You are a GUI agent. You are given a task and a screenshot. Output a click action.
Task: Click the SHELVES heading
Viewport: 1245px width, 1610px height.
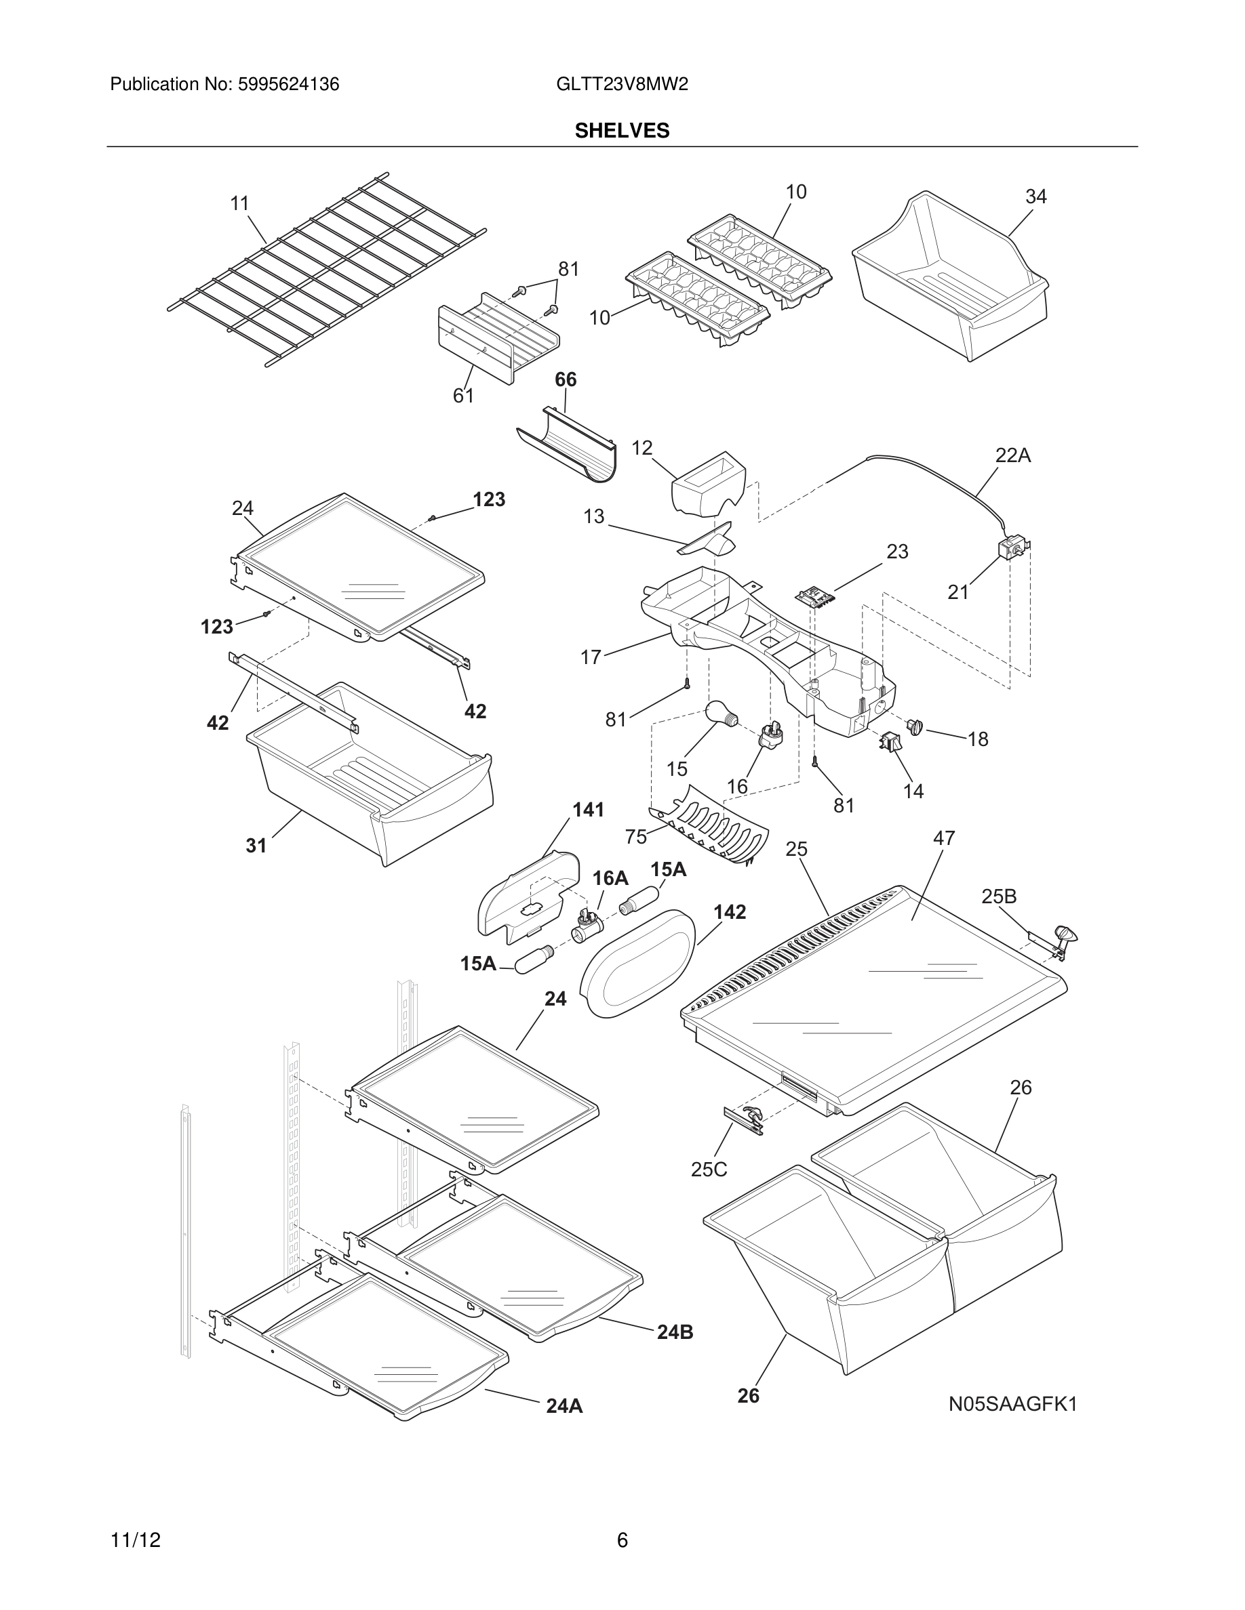622,131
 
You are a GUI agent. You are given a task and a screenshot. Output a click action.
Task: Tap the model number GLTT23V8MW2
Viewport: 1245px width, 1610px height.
622,85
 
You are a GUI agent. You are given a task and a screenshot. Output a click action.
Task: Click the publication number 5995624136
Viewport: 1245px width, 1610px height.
288,85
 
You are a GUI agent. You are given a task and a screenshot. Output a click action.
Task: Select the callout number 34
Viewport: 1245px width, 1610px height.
1035,197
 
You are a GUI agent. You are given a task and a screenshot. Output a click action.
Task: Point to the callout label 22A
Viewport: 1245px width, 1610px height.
1012,455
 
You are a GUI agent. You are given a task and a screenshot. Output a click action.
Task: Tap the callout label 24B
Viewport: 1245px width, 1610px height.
675,1332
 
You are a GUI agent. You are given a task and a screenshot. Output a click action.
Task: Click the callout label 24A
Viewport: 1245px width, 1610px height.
564,1407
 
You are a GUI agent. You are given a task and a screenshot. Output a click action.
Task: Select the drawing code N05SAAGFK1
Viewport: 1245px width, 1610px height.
1012,1404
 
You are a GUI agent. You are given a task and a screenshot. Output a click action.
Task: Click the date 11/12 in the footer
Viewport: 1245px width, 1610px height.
135,1540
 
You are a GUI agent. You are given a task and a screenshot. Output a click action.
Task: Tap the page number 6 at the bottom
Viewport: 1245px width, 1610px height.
622,1540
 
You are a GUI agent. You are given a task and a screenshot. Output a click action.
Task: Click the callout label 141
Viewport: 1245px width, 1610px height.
588,810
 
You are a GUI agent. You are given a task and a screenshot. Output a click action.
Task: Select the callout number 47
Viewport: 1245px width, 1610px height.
944,838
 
